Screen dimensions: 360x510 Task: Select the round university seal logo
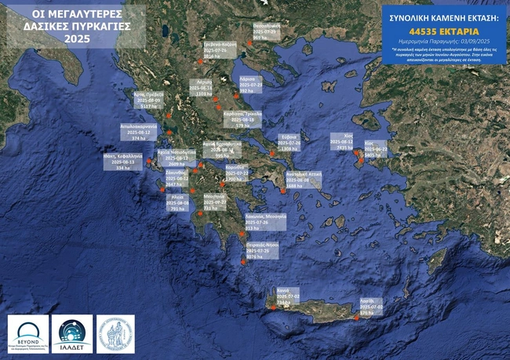[115, 333]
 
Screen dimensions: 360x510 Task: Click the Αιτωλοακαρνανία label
[139, 131]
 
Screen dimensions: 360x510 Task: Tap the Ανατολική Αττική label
[304, 179]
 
